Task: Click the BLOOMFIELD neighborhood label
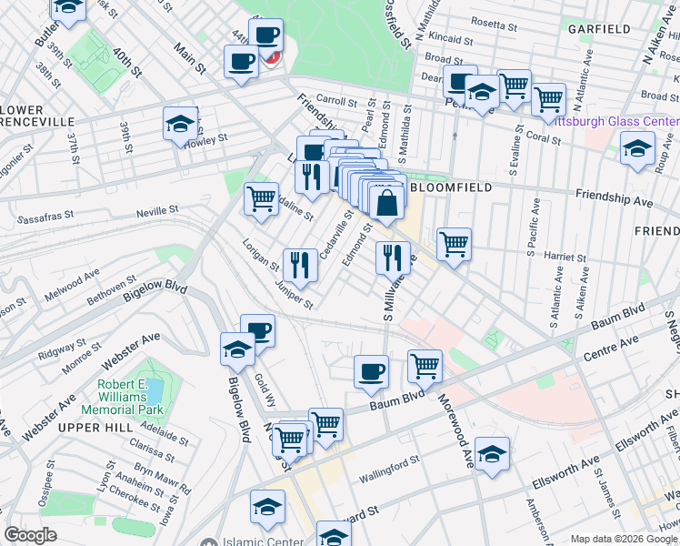pyautogui.click(x=452, y=187)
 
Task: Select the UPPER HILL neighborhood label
pyautogui.click(x=90, y=427)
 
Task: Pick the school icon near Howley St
pyautogui.click(x=180, y=123)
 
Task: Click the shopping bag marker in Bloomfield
pyautogui.click(x=387, y=203)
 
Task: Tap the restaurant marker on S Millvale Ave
pyautogui.click(x=393, y=257)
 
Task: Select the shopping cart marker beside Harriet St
pyautogui.click(x=453, y=243)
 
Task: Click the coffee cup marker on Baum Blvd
pyautogui.click(x=370, y=370)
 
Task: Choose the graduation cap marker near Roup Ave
pyautogui.click(x=637, y=147)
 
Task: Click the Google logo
pyautogui.click(x=31, y=535)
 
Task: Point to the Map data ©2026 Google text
pyautogui.click(x=623, y=539)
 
